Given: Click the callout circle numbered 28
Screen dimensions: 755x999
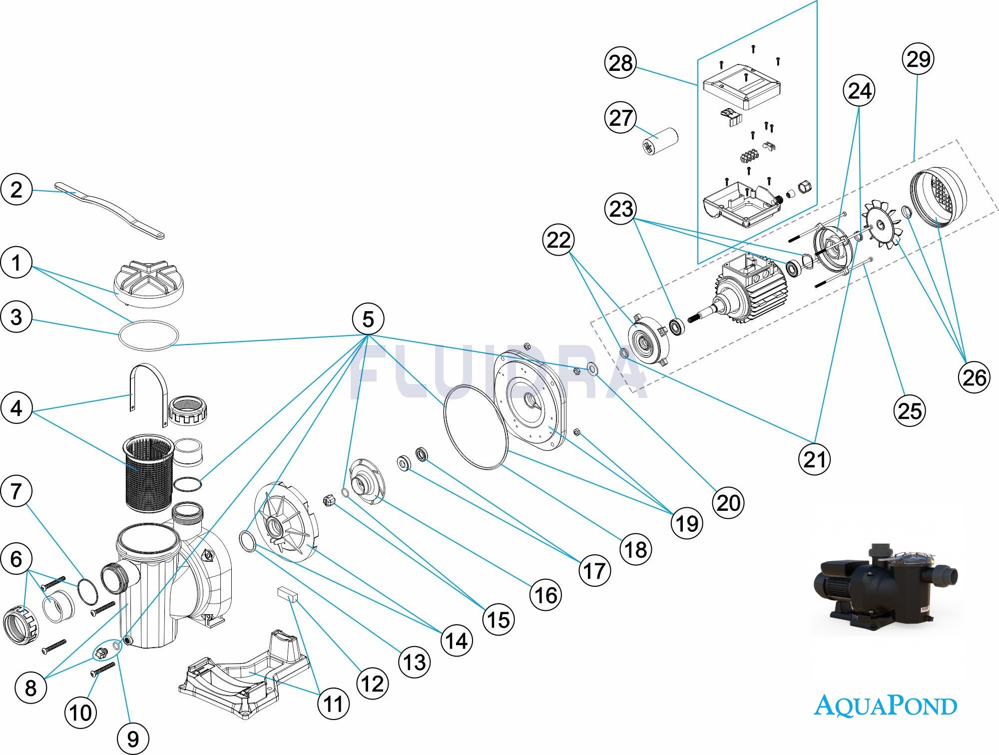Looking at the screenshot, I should click(x=620, y=63).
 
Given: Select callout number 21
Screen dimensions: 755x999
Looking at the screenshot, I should click(x=815, y=459).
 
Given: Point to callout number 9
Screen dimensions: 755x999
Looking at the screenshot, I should click(x=133, y=739).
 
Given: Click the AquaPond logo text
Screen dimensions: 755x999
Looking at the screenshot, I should click(x=885, y=706).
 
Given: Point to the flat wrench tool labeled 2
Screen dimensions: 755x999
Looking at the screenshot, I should click(x=110, y=210).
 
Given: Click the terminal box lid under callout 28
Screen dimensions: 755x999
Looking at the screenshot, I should click(x=742, y=89).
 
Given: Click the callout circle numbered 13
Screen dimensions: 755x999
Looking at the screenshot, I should click(x=414, y=662).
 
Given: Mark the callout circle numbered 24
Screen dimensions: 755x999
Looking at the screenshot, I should click(x=859, y=91).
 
